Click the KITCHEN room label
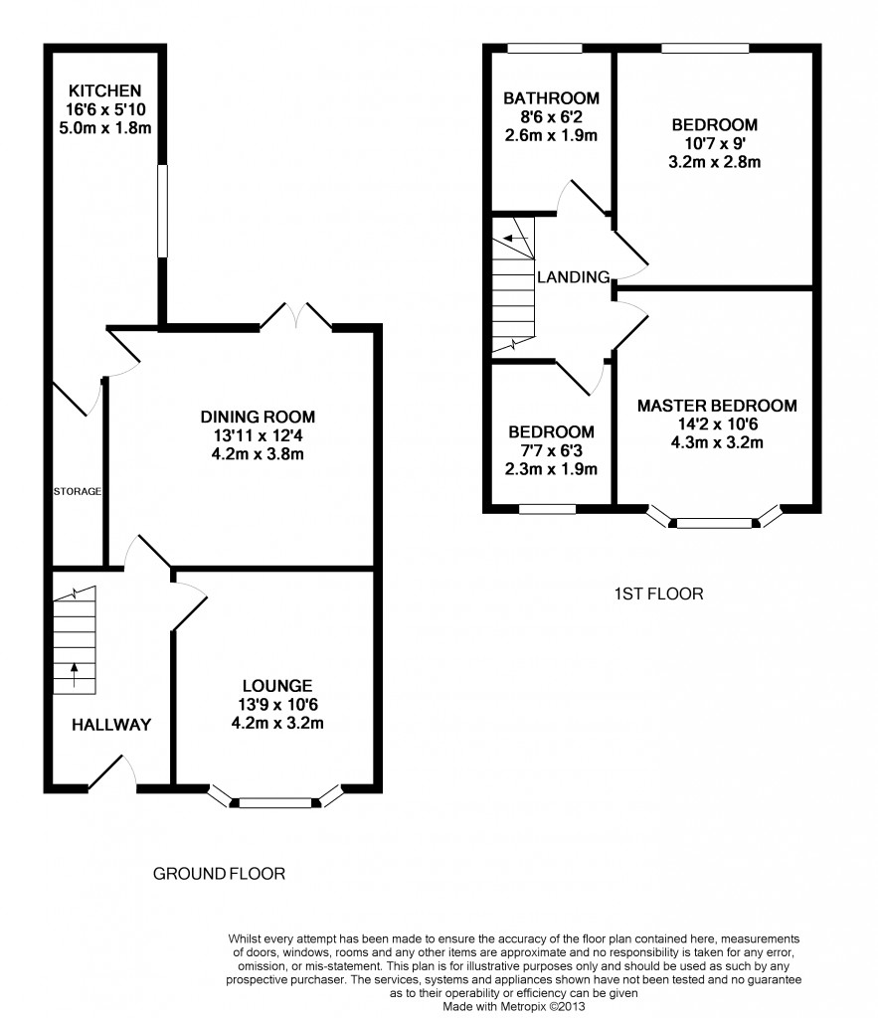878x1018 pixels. pyautogui.click(x=105, y=90)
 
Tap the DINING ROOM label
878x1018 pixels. pyautogui.click(x=258, y=417)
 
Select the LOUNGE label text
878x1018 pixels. pyautogui.click(x=277, y=686)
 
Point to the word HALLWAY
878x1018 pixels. pyautogui.click(x=111, y=725)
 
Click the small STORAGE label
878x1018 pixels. pyautogui.click(x=78, y=491)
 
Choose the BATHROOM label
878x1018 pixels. pyautogui.click(x=551, y=98)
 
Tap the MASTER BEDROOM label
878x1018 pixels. pyautogui.click(x=717, y=406)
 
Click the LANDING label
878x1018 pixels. pyautogui.click(x=574, y=277)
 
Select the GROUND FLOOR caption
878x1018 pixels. pyautogui.click(x=219, y=874)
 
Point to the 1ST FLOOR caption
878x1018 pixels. pyautogui.click(x=658, y=594)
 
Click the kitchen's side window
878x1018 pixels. pyautogui.click(x=162, y=211)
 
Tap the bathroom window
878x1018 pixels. pyautogui.click(x=544, y=48)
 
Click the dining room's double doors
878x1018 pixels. pyautogui.click(x=296, y=316)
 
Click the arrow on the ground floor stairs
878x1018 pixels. pyautogui.click(x=74, y=675)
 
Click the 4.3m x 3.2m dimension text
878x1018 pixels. pyautogui.click(x=717, y=442)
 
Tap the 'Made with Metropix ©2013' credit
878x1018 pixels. pyautogui.click(x=514, y=1007)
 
